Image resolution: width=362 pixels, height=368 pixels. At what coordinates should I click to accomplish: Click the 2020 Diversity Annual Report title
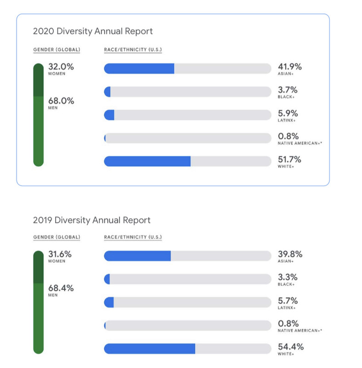[x=93, y=31]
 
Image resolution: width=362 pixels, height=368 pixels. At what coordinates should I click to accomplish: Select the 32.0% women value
[x=61, y=66]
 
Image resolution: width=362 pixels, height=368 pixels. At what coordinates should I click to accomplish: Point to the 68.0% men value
[x=61, y=101]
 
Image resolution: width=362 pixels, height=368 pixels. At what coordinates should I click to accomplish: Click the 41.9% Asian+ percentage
[x=290, y=66]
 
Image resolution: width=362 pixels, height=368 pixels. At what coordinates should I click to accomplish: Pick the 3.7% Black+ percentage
[x=288, y=90]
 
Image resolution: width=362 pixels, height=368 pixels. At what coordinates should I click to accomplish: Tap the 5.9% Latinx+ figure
[x=288, y=113]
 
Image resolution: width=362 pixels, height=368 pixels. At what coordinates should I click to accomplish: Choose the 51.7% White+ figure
[x=289, y=160]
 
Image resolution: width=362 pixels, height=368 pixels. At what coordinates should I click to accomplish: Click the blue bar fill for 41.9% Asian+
[x=139, y=69]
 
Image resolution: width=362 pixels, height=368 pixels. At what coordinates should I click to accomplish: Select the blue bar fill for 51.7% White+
[x=147, y=161]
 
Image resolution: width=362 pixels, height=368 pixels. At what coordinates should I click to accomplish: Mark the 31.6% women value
[x=60, y=254]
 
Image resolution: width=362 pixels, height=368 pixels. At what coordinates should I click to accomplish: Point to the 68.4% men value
[x=61, y=288]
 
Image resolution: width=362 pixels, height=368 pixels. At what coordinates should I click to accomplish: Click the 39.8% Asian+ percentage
[x=290, y=254]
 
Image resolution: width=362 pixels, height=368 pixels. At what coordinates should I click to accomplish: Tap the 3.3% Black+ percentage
[x=288, y=277]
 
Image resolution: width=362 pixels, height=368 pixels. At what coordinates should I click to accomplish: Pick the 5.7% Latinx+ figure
[x=288, y=301]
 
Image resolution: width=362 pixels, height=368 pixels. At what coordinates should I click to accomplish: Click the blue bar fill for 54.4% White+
[x=149, y=349]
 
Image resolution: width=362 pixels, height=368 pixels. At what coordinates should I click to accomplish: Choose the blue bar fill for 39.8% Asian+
[x=137, y=256]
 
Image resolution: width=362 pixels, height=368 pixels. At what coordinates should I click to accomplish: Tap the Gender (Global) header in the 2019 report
[x=57, y=237]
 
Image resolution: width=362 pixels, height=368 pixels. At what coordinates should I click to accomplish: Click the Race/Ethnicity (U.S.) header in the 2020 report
[x=133, y=49]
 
